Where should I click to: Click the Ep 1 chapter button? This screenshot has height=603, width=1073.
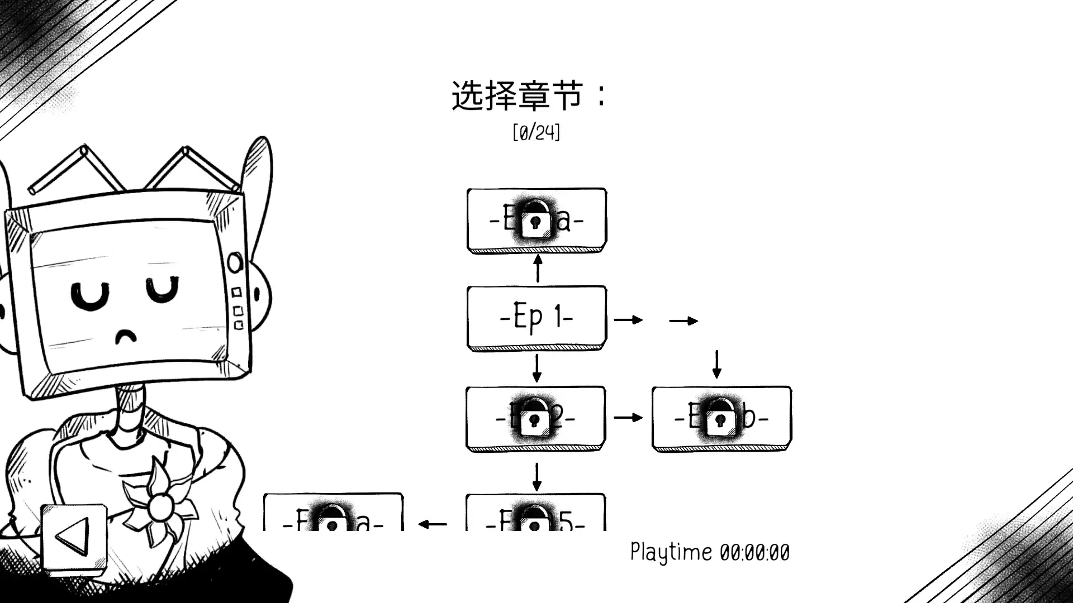click(536, 318)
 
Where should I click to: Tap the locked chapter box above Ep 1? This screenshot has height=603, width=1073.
click(536, 220)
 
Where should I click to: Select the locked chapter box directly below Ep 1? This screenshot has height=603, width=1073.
click(535, 418)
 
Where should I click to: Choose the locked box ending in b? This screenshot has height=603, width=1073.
click(721, 418)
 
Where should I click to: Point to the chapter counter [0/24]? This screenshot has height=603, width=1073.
click(536, 133)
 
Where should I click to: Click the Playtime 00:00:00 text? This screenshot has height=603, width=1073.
click(710, 552)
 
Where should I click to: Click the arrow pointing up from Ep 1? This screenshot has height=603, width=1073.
click(538, 269)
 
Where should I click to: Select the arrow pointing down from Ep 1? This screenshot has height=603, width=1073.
click(536, 368)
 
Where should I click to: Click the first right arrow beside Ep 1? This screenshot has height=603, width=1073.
click(628, 320)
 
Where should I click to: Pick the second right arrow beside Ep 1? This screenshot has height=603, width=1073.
click(683, 320)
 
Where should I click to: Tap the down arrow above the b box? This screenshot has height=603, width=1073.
click(717, 365)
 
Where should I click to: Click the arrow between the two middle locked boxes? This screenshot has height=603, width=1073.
click(628, 418)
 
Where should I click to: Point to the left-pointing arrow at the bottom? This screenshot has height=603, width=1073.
click(433, 524)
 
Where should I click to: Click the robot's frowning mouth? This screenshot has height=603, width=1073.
click(126, 336)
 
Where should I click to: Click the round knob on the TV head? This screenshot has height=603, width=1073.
click(235, 262)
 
